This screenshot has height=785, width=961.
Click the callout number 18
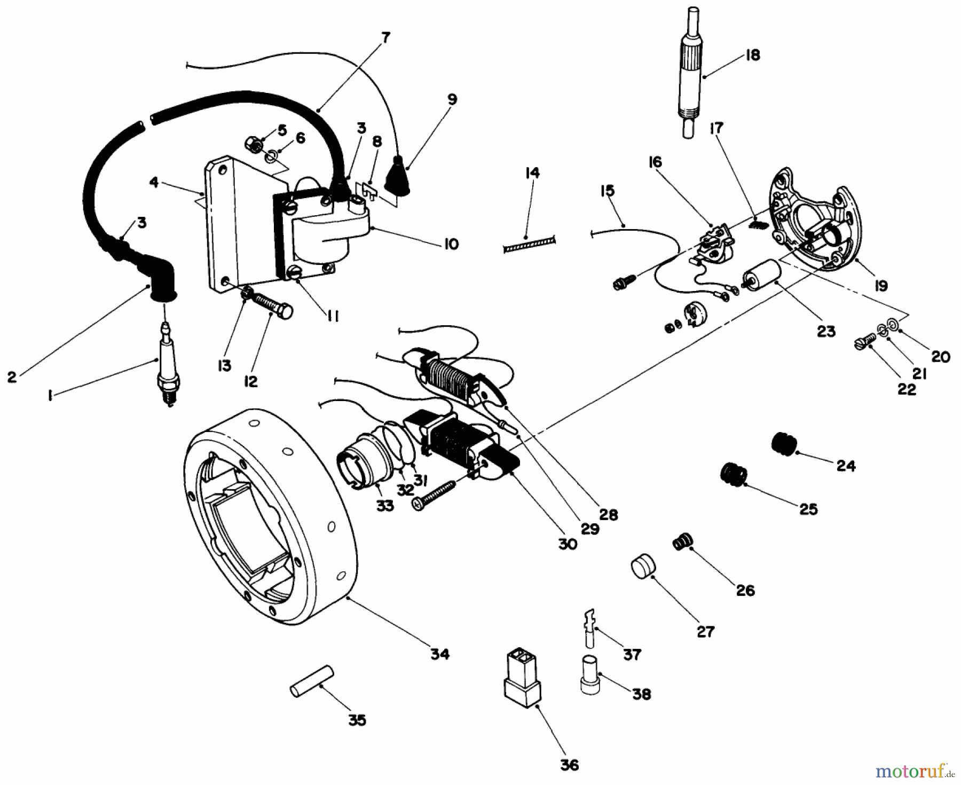pyautogui.click(x=752, y=55)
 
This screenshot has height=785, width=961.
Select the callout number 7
pyautogui.click(x=385, y=38)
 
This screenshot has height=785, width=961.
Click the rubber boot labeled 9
pyautogui.click(x=404, y=175)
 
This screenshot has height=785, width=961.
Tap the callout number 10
pyautogui.click(x=451, y=245)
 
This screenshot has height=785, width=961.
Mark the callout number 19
pyautogui.click(x=881, y=286)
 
